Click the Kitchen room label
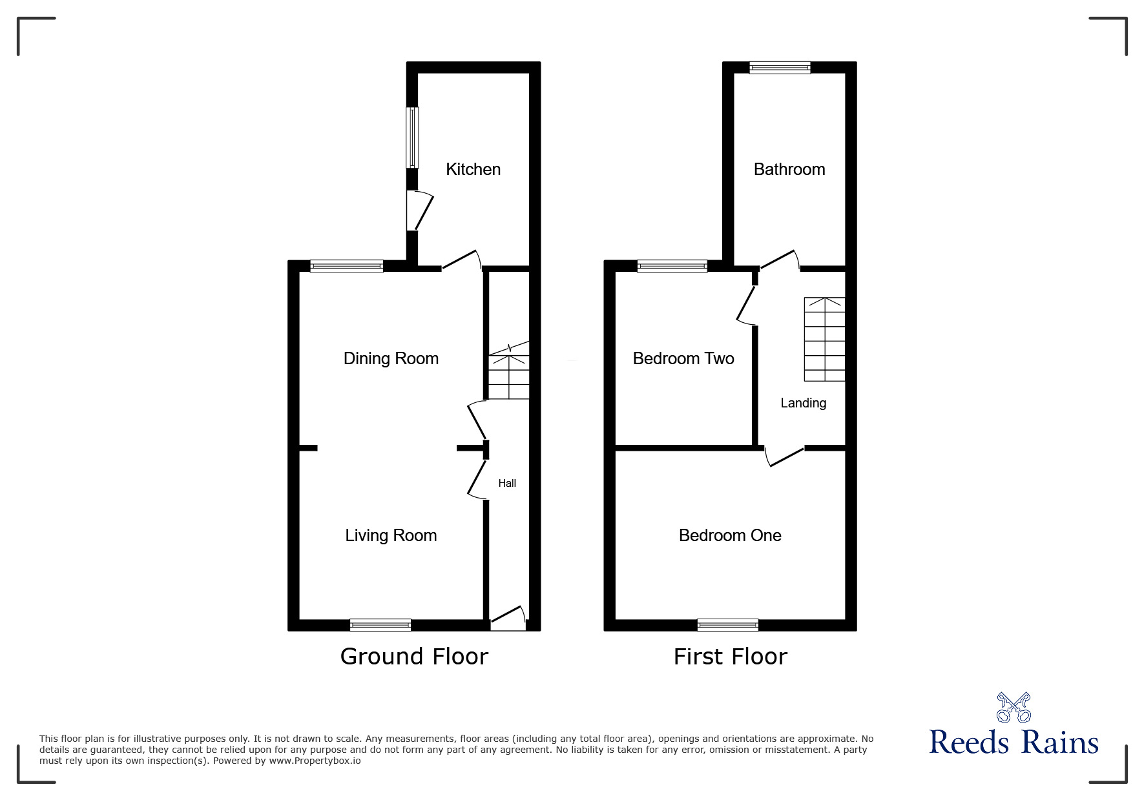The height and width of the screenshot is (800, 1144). pos(473,169)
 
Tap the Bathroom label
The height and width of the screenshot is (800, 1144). pos(789,169)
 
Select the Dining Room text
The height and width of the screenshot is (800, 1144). pos(391,358)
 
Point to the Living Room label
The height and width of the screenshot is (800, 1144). pos(391,535)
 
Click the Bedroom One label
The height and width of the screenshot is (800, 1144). pos(730,535)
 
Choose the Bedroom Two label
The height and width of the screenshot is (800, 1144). pos(683,358)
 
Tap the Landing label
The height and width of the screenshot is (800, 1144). pos(803,403)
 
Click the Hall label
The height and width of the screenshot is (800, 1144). pos(507,483)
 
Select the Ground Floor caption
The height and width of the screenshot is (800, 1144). pos(414,657)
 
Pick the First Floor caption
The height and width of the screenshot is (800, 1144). pos(730,657)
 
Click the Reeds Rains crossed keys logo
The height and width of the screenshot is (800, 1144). pos(1014,708)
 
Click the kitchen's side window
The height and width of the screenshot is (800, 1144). pos(412,138)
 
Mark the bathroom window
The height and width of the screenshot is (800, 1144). pos(780,67)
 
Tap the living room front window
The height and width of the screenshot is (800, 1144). pos(380,624)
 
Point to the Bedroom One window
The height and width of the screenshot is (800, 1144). pos(728,624)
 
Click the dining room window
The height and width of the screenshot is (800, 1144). pos(347,265)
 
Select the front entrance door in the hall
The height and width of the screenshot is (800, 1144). pos(508,619)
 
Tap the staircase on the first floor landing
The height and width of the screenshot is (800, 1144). pos(824,339)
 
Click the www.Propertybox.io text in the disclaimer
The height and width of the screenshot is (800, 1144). pos(315,761)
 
